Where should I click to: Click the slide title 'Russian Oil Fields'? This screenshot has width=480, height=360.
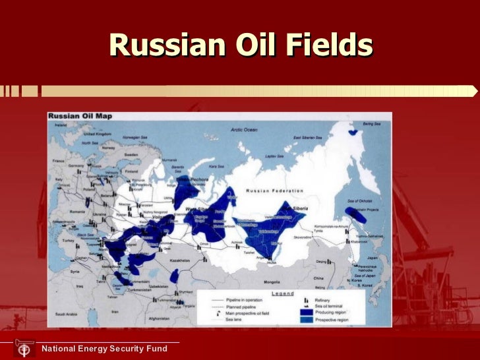tap(241, 45)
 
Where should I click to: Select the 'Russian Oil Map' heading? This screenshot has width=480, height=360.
tap(80, 116)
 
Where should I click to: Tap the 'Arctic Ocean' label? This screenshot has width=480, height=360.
tap(244, 130)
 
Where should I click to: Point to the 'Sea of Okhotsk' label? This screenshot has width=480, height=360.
tap(360, 199)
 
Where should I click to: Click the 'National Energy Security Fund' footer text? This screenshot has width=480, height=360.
tap(104, 348)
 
